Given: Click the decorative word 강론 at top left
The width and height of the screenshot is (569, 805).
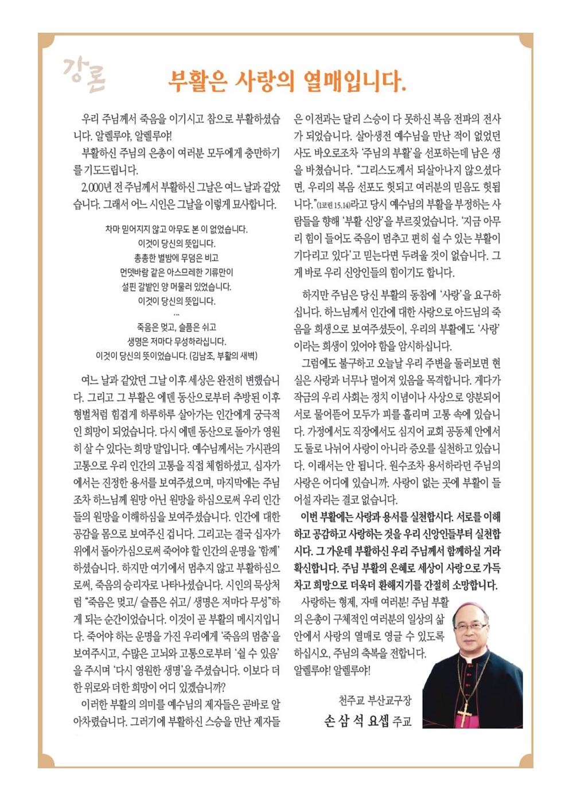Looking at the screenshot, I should tap(84, 75).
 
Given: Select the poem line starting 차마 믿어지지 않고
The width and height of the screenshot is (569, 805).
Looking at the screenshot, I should tap(177, 229).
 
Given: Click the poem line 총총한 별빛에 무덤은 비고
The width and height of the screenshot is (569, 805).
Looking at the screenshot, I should tap(177, 258).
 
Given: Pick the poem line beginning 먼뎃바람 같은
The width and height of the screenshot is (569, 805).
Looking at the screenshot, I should tap(177, 272).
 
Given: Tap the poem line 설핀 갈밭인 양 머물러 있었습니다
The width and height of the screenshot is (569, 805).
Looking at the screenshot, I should tap(177, 286).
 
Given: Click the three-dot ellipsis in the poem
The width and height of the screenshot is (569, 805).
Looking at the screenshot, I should tap(176, 314).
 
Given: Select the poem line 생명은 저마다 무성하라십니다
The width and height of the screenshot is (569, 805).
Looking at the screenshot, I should tap(177, 341).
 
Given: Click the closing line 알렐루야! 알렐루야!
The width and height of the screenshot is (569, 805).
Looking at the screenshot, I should tap(332, 670).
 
